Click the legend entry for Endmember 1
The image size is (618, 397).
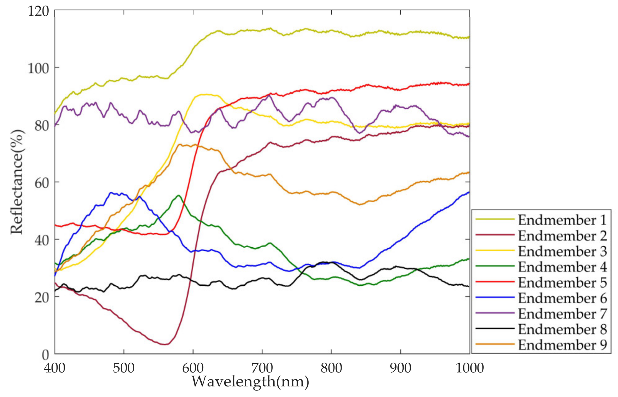(562, 220)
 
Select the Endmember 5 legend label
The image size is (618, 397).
(562, 283)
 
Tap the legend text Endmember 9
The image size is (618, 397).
(562, 345)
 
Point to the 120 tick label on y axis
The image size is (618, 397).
(38, 11)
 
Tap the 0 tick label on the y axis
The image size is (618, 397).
(45, 354)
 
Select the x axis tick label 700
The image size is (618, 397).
(262, 368)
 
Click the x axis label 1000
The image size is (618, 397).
(469, 368)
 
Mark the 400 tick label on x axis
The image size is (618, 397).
(55, 368)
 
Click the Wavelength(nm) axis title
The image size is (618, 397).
(250, 382)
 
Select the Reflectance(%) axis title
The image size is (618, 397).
(17, 182)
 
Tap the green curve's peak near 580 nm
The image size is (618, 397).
(178, 196)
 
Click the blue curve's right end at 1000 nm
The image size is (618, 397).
(469, 192)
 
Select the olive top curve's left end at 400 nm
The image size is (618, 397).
(55, 113)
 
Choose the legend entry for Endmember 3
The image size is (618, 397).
(562, 251)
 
